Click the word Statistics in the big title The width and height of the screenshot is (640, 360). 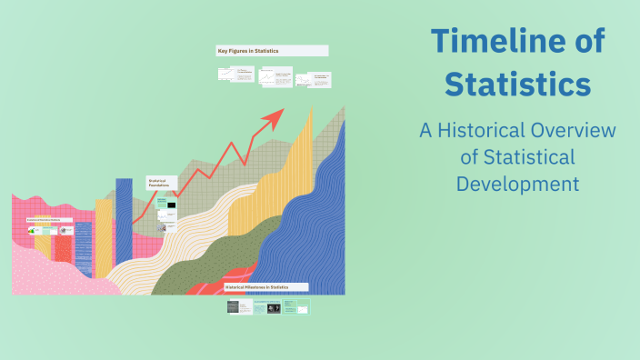coord(519,85)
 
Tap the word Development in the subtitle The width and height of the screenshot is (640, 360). coord(518,183)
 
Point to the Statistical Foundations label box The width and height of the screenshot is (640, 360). coord(161,184)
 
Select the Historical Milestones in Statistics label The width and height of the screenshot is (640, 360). coord(265,286)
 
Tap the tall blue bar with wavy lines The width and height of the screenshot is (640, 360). coord(124,227)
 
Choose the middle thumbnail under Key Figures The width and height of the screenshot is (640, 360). coord(275,78)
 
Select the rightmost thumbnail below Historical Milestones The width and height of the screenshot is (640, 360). coord(296,308)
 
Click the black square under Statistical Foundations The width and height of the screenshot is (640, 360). coord(170,206)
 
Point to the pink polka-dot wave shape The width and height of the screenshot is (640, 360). coord(45,273)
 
